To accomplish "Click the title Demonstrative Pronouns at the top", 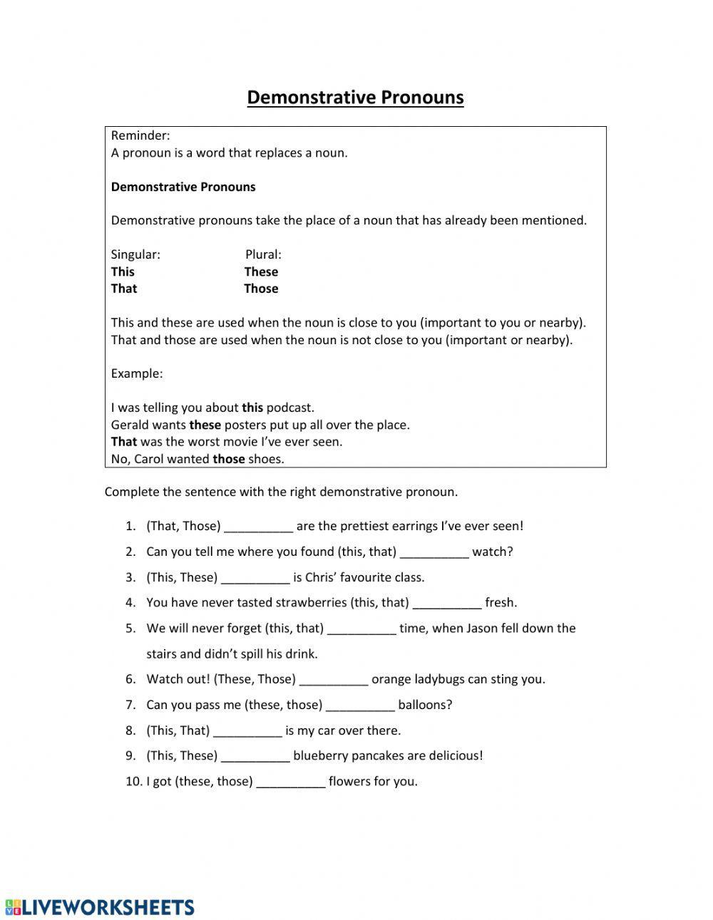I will click(x=355, y=98).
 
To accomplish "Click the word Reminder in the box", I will click(x=140, y=135).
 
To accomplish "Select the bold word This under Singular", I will click(x=123, y=272).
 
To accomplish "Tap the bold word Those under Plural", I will click(x=261, y=289).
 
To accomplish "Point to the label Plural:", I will click(x=263, y=254).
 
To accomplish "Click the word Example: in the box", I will click(x=137, y=373).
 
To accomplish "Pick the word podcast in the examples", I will click(x=289, y=408).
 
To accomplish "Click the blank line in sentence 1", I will click(x=258, y=527).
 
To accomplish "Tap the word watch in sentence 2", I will click(x=492, y=552).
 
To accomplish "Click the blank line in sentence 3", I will click(x=255, y=578).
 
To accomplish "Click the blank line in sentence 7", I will click(x=360, y=705).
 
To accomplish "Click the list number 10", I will click(x=133, y=782).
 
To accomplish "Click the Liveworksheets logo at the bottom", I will click(x=99, y=906).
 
